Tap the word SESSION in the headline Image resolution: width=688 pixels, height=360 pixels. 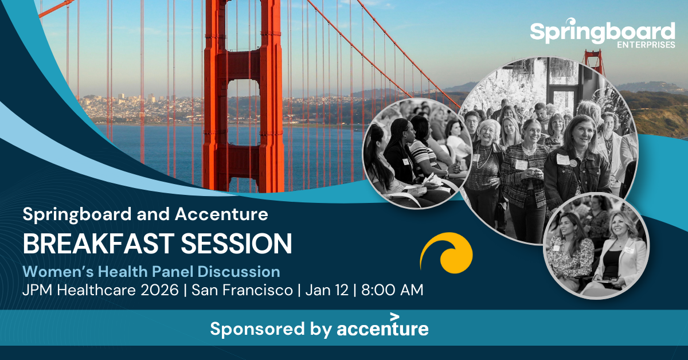point(236,244)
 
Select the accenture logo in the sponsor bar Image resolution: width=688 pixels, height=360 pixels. point(383,326)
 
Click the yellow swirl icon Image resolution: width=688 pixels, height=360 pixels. point(447,253)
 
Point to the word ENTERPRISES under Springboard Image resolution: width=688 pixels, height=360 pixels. point(646,45)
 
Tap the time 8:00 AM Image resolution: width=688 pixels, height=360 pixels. point(392,290)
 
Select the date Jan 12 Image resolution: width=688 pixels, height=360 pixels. point(327,290)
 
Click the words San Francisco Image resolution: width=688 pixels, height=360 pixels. point(243,290)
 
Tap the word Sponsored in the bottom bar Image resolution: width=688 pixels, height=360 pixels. point(257,328)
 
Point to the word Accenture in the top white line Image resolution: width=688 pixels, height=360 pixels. point(221,214)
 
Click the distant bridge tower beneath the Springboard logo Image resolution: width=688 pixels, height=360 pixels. point(594,61)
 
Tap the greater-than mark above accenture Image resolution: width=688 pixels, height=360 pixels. point(394,316)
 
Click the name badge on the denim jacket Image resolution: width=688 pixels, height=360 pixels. point(562,159)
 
